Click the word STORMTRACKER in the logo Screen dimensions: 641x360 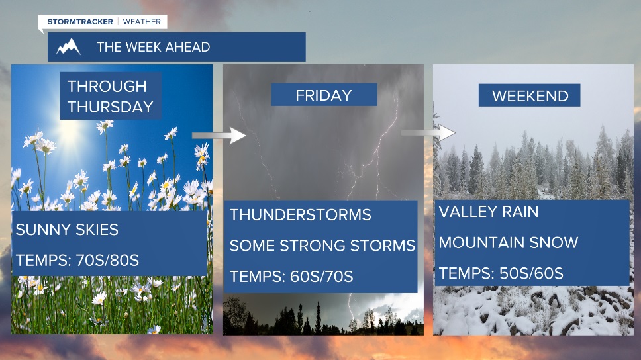[80, 22]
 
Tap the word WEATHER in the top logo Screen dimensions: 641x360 [142, 22]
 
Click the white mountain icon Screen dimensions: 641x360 [68, 46]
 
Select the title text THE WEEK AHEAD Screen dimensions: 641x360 [154, 47]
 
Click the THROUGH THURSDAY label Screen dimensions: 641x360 [111, 97]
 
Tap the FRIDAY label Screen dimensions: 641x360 [324, 95]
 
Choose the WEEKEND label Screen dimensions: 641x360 [530, 95]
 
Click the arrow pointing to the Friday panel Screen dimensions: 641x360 [219, 135]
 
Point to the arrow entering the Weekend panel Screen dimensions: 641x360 [428, 132]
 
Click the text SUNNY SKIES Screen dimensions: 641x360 [67, 230]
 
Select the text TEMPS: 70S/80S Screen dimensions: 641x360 [77, 260]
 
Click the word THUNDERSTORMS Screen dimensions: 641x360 [301, 215]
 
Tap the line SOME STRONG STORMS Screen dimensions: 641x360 [322, 246]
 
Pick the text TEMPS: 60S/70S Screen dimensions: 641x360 [291, 277]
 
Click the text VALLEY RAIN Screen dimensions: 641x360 [489, 212]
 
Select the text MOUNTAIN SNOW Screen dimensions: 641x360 [509, 243]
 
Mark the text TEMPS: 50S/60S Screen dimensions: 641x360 [501, 273]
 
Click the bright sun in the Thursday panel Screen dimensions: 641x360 [70, 132]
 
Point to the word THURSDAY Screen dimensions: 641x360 [111, 107]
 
